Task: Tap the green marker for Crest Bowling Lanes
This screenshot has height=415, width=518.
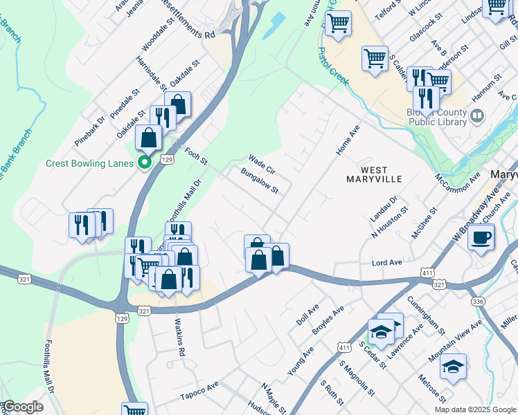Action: pyautogui.click(x=145, y=164)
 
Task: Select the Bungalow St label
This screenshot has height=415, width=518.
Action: pyautogui.click(x=259, y=181)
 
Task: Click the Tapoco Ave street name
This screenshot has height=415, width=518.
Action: pyautogui.click(x=199, y=391)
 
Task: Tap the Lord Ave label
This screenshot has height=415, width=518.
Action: pyautogui.click(x=387, y=263)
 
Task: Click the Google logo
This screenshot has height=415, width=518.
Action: pyautogui.click(x=24, y=407)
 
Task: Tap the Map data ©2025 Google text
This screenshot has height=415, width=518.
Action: pyautogui.click(x=474, y=409)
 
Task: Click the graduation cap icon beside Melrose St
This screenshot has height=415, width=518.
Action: pyautogui.click(x=452, y=367)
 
